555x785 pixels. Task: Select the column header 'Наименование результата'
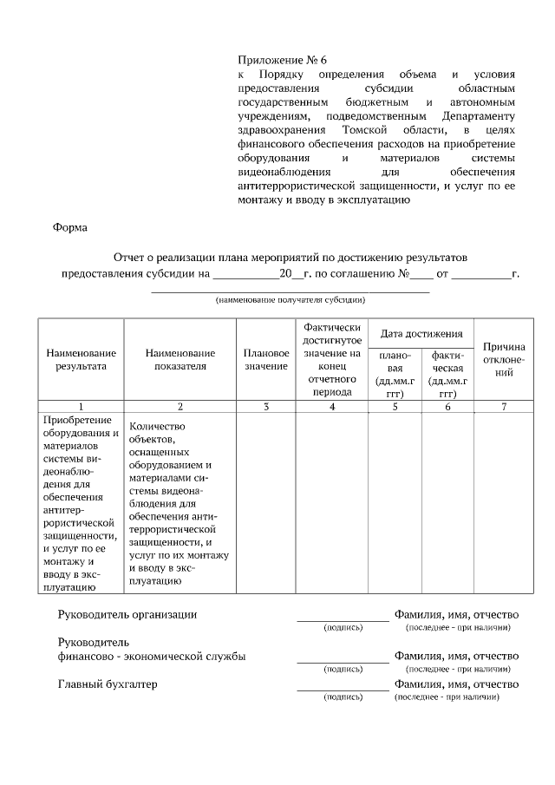point(81,360)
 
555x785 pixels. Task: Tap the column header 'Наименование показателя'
point(180,360)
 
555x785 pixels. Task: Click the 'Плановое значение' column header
point(266,360)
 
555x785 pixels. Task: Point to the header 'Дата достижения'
point(421,334)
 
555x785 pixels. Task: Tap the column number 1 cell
point(81,406)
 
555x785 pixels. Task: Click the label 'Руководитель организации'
point(127,615)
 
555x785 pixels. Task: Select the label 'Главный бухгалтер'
point(108,684)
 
